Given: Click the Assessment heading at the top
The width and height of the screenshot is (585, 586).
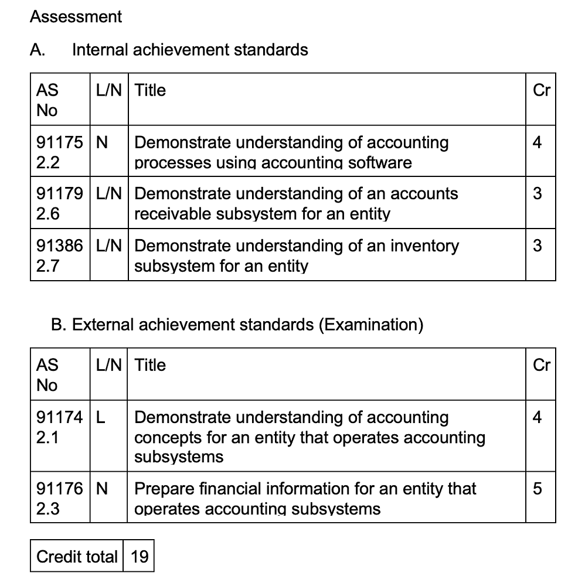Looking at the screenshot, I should tap(76, 16).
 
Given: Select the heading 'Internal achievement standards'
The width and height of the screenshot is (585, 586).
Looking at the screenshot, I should tap(189, 50).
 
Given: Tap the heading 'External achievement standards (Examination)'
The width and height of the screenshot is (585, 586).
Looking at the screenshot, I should tap(237, 324).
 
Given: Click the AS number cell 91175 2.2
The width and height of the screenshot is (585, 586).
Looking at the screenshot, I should tap(60, 152).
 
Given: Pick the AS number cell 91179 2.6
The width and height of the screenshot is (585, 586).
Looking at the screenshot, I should tap(60, 203).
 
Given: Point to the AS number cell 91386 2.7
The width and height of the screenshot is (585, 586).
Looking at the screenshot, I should tap(60, 255).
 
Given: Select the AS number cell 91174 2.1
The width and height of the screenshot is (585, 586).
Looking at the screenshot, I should tap(60, 427).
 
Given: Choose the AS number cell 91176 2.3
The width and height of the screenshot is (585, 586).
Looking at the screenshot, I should tap(60, 499).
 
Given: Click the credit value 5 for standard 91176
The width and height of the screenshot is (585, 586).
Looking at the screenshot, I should tap(538, 489).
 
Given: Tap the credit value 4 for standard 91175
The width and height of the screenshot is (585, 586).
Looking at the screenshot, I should tap(538, 142).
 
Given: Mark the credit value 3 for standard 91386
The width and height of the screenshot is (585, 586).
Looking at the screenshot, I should tap(538, 246).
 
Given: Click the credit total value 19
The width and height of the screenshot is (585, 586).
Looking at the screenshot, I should tap(140, 556).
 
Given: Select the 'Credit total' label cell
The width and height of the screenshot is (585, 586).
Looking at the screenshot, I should tap(77, 556).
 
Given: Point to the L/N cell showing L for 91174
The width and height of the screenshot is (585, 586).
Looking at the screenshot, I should tap(100, 418).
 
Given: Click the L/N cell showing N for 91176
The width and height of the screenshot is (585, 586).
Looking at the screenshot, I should tap(101, 489).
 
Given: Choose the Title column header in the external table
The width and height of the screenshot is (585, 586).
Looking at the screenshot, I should tap(151, 365).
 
